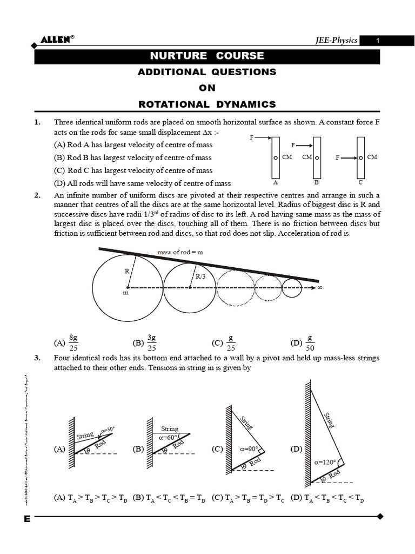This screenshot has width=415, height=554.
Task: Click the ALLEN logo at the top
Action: point(56,39)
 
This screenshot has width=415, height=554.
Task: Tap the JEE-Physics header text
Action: point(336,41)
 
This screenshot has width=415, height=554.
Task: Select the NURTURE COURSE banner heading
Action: point(207,56)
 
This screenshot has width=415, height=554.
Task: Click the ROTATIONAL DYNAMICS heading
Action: point(207,104)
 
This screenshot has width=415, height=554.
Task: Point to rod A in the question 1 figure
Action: point(276,157)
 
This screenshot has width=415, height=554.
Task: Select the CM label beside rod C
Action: point(372,157)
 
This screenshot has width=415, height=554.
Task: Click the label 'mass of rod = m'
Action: point(180,252)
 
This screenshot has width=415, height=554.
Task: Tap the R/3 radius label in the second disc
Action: point(201,276)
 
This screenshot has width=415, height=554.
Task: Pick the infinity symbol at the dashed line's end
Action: point(320,288)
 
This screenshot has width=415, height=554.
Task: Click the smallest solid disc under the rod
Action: point(292,288)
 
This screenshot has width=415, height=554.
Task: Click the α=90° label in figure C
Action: point(250,449)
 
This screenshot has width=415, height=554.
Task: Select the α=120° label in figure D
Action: point(325,462)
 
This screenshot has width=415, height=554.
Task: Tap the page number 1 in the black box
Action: point(378,41)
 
